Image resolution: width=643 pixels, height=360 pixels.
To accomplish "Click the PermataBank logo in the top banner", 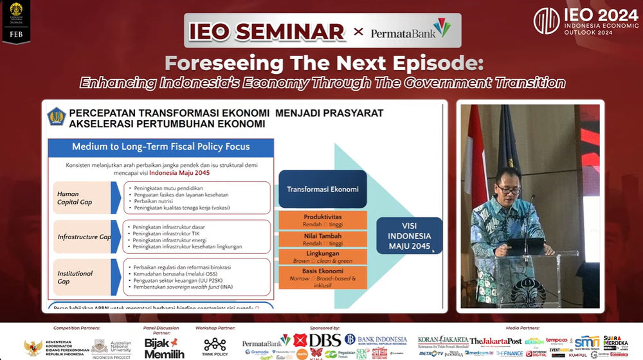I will [410, 31].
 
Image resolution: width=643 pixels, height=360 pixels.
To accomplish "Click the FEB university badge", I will [16, 22].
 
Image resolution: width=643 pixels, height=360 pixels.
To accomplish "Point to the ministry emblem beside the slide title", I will [57, 117].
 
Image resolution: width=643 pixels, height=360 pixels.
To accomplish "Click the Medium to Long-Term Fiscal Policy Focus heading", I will [161, 147].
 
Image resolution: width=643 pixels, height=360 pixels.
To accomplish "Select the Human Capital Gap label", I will [74, 198].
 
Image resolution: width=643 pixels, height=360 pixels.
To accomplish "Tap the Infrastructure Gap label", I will [84, 237].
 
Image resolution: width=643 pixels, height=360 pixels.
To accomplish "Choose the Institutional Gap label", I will [75, 277].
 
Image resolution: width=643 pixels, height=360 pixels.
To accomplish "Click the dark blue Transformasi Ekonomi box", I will [323, 189].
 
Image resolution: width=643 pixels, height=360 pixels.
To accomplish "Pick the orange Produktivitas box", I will [323, 221].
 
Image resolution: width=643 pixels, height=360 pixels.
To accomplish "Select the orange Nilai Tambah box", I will [323, 239].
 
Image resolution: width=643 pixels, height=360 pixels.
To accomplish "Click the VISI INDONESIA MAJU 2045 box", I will [409, 236].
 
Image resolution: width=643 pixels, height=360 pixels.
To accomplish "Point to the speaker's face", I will [508, 184].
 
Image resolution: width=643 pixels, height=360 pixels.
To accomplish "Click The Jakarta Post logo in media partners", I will [496, 341].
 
